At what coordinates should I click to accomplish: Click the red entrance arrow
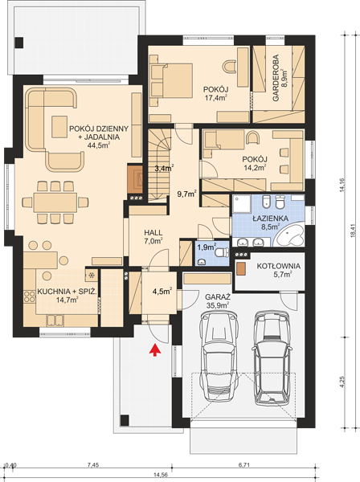point(155,349)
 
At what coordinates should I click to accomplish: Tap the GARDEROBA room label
point(276,78)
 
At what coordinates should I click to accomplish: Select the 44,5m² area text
point(99,145)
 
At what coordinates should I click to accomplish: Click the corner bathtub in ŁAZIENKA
point(288,235)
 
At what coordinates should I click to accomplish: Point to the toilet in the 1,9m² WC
point(222,252)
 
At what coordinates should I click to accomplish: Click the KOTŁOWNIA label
point(279,266)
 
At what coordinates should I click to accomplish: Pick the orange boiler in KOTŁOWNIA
point(241,269)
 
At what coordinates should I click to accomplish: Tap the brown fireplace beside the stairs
point(135,178)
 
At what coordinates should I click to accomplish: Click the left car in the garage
point(219,356)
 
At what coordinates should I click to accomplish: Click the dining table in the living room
point(55,202)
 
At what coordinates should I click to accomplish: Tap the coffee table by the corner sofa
point(59,127)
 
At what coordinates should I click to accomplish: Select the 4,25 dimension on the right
point(343,382)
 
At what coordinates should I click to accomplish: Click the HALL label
point(153,233)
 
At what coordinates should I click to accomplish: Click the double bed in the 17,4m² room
point(171,81)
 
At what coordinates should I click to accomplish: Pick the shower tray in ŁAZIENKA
point(242,203)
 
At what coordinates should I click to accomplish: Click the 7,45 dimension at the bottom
point(93,465)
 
